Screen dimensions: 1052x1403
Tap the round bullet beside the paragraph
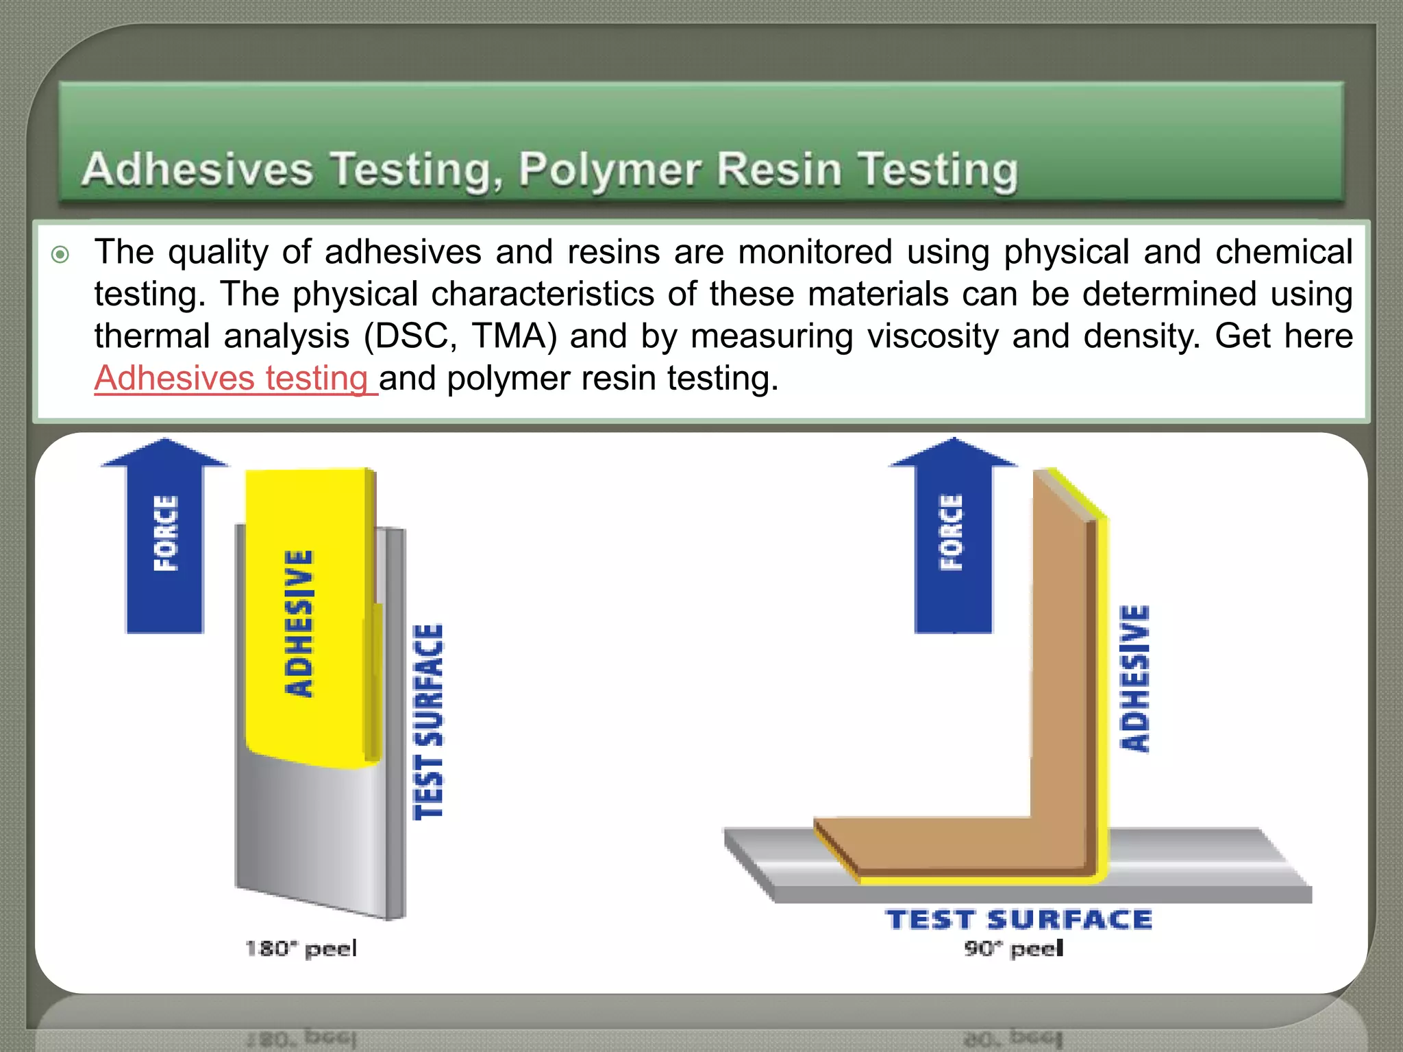[60, 255]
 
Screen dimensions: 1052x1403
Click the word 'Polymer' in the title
[609, 169]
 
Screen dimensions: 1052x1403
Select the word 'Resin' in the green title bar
[778, 169]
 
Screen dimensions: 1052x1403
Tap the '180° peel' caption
[301, 949]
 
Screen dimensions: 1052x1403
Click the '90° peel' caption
[1014, 949]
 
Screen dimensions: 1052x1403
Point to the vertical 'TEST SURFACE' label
[429, 722]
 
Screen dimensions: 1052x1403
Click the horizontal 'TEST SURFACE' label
[1019, 919]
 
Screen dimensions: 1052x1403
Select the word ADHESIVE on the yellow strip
[299, 623]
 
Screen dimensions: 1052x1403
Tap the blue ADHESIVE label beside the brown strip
[1134, 679]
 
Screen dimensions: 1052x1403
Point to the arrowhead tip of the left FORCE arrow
[165, 440]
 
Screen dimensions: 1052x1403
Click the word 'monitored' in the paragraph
[815, 252]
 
